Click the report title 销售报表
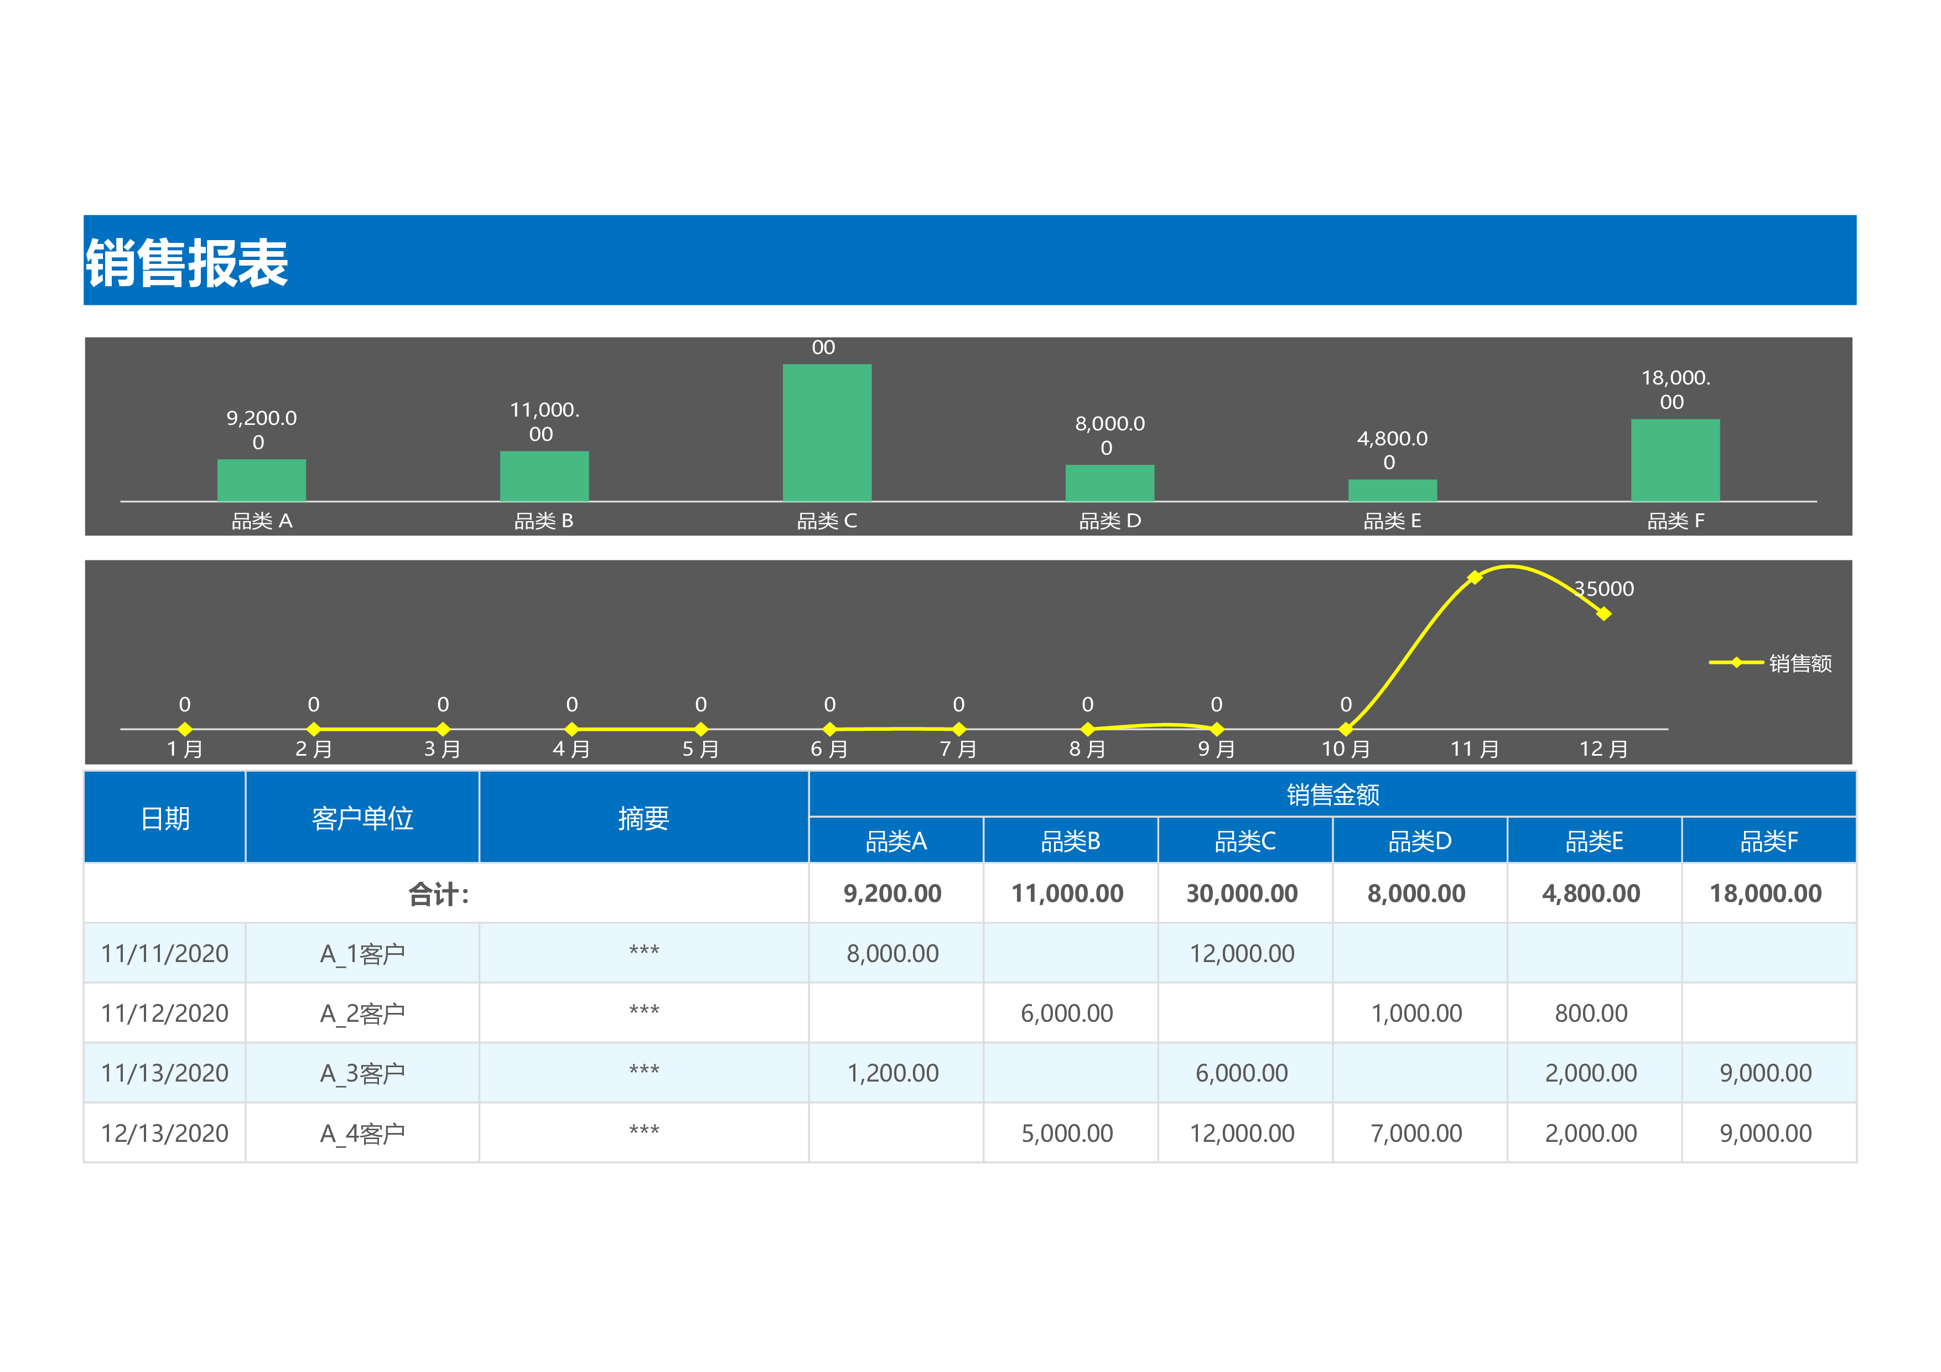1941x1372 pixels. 187,262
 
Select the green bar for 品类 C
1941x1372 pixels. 827,432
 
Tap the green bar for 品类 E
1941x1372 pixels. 1392,490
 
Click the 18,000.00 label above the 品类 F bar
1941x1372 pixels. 1675,389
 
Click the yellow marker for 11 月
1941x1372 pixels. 1475,578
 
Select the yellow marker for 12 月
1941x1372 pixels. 1603,614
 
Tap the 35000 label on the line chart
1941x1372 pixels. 1603,589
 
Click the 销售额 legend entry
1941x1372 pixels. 1771,663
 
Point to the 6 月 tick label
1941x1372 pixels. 828,749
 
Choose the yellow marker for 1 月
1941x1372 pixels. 184,729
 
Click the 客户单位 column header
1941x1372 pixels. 362,818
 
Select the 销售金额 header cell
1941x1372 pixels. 1332,794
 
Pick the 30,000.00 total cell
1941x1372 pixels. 1242,893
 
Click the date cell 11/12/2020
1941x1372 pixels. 165,1014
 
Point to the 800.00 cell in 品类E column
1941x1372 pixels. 1591,1014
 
